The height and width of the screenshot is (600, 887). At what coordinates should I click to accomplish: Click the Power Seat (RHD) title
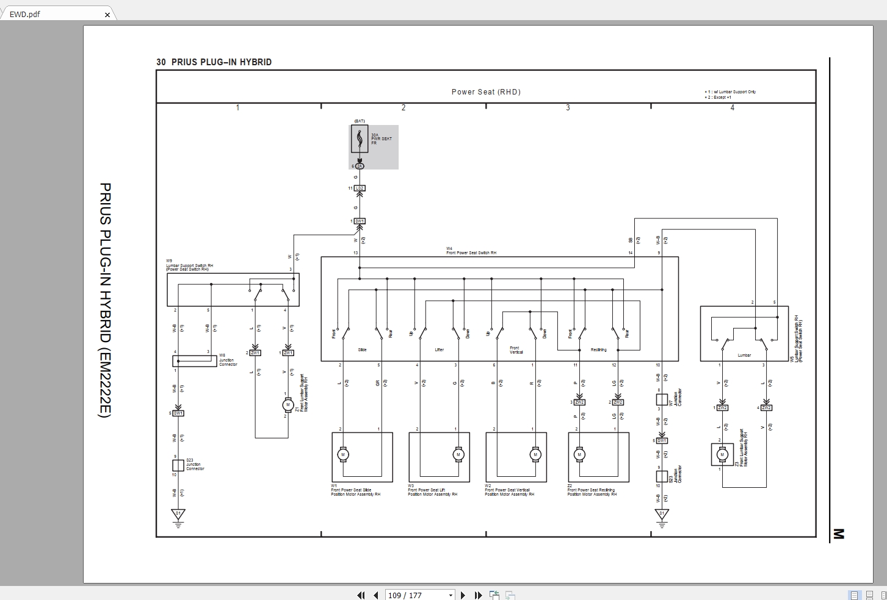click(486, 92)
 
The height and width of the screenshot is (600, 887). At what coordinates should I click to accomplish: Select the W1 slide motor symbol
click(343, 454)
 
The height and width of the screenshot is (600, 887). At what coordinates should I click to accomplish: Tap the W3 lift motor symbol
click(458, 454)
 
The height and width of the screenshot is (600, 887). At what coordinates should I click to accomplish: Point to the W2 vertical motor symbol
click(535, 454)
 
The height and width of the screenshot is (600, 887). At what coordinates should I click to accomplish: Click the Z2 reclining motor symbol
click(579, 454)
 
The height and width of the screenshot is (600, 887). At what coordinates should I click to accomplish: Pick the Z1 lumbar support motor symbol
click(288, 405)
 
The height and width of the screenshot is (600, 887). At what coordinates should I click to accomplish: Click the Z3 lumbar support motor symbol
click(722, 454)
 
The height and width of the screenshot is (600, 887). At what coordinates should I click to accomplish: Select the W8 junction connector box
click(190, 361)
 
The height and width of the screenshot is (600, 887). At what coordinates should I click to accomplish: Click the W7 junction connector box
click(662, 399)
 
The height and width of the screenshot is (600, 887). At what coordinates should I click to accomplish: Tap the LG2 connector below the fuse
click(360, 188)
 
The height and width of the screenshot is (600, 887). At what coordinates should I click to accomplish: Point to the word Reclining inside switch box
click(598, 350)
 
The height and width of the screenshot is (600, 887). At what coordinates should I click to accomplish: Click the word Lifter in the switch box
click(440, 350)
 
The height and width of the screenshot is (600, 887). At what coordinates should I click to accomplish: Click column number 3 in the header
click(568, 108)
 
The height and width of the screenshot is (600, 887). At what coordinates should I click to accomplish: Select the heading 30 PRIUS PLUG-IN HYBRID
click(214, 62)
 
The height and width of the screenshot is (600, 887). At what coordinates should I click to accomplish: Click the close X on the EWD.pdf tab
click(107, 15)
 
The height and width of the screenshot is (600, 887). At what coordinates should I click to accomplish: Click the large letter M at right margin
click(838, 535)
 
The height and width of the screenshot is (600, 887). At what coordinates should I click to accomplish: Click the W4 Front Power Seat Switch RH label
click(471, 251)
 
